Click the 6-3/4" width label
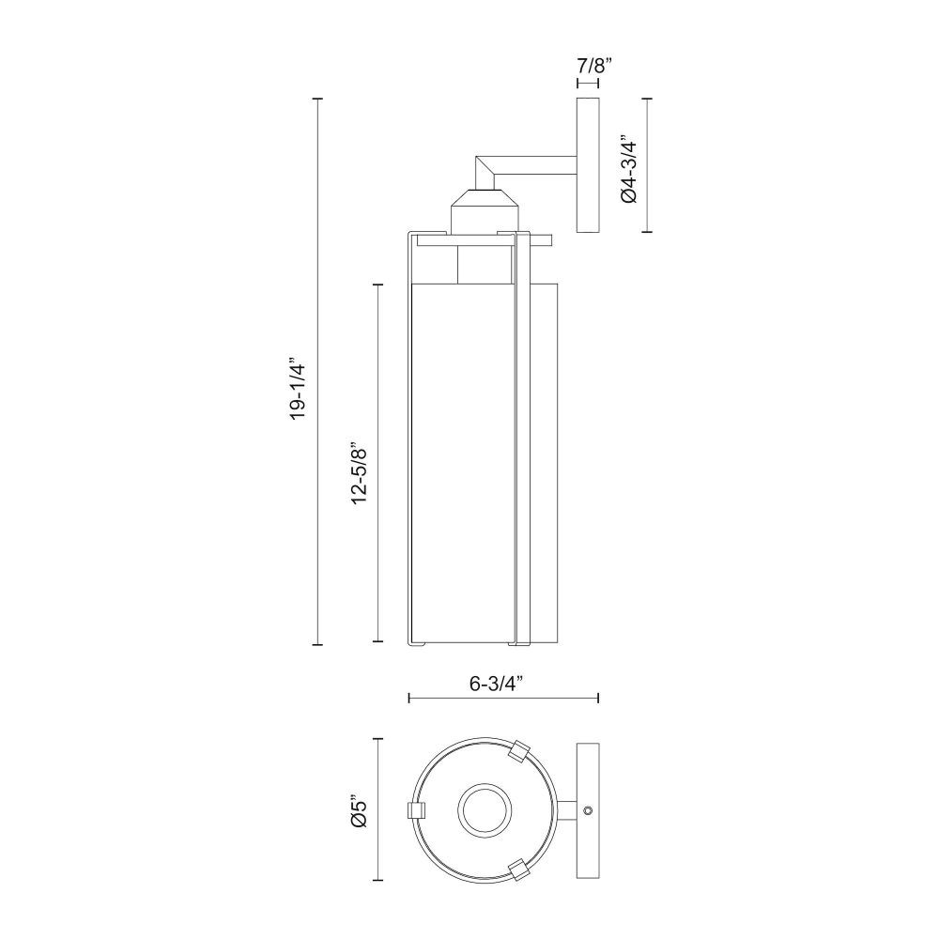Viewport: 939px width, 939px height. click(497, 684)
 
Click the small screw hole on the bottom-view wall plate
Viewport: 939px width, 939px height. click(588, 810)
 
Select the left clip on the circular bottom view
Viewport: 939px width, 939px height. click(416, 810)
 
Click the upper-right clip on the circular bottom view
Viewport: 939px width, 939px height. click(519, 751)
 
